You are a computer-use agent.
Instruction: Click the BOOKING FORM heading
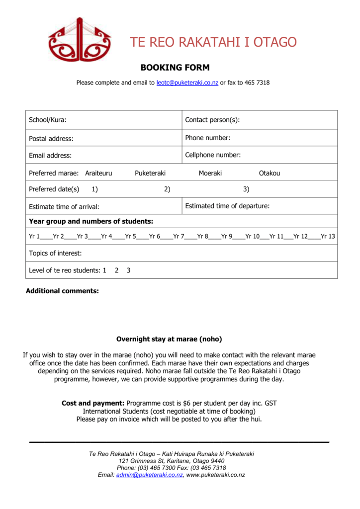pyautogui.click(x=175, y=68)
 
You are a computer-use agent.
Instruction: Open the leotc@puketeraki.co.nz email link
pyautogui.click(x=187, y=83)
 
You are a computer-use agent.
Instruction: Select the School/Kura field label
pyautogui.click(x=48, y=120)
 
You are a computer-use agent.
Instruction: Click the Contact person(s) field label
pyautogui.click(x=212, y=120)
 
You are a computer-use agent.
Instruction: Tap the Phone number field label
pyautogui.click(x=207, y=138)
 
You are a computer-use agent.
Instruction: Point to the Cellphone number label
pyautogui.click(x=213, y=155)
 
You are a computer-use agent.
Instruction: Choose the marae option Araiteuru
pyautogui.click(x=98, y=173)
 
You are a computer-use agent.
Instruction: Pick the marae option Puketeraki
pyautogui.click(x=150, y=173)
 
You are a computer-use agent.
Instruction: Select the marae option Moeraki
pyautogui.click(x=210, y=173)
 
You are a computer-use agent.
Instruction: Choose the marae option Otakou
pyautogui.click(x=270, y=173)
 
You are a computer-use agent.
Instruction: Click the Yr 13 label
pyautogui.click(x=328, y=237)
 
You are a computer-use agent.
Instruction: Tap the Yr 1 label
pyautogui.click(x=34, y=237)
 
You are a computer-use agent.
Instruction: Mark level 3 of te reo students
pyautogui.click(x=128, y=270)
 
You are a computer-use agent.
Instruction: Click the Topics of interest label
pyautogui.click(x=55, y=253)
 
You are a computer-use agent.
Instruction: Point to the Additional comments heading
pyautogui.click(x=62, y=291)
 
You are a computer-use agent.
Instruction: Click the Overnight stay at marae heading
pyautogui.click(x=169, y=339)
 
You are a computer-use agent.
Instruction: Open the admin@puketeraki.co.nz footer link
pyautogui.click(x=149, y=475)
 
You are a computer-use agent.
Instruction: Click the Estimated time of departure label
pyautogui.click(x=227, y=206)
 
